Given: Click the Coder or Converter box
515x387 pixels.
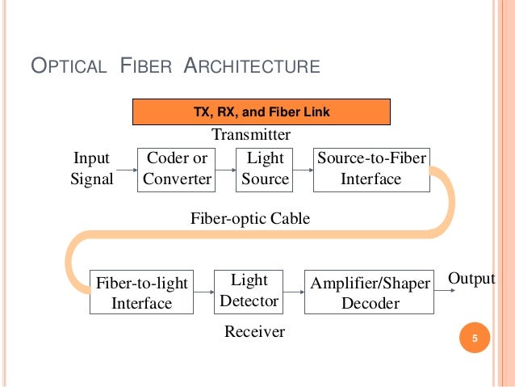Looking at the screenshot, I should (x=177, y=169).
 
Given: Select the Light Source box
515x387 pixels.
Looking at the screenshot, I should (x=265, y=169).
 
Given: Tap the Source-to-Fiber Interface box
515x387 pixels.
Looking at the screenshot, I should (x=371, y=169).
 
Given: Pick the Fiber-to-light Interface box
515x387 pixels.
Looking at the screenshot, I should (x=141, y=292).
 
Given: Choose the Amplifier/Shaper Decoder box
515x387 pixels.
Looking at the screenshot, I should (x=371, y=292).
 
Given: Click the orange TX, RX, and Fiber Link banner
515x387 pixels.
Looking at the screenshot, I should (x=262, y=111).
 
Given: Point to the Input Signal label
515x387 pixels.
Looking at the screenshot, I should (x=91, y=169).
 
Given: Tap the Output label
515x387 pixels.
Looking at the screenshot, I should (x=471, y=279).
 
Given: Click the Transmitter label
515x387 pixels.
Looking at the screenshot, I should (x=250, y=134).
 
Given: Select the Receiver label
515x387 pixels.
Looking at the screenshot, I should (x=254, y=331).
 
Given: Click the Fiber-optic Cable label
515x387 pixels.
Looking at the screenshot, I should (x=249, y=219).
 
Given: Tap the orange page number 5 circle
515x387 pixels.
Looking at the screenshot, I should (x=475, y=338).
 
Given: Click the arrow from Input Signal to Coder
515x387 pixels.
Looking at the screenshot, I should (x=126, y=170).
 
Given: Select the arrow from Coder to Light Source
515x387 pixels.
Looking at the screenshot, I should (x=226, y=170).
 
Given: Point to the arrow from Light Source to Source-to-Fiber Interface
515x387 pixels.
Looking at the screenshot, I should (x=302, y=170).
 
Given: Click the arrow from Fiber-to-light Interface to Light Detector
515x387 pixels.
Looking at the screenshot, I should (x=204, y=293).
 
